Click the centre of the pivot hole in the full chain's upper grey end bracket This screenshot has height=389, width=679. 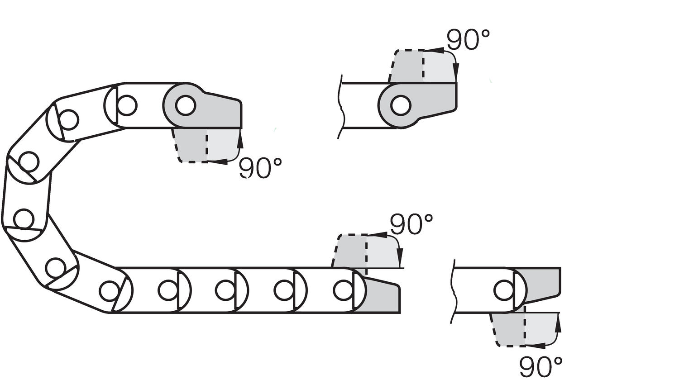[186, 105]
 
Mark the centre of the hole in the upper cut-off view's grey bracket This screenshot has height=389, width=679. [401, 105]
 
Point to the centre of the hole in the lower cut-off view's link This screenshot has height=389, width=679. [503, 290]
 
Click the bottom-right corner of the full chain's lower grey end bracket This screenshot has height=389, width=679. [400, 313]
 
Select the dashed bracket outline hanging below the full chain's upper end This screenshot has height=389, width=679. [206, 145]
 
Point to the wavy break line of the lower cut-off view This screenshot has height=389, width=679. [454, 291]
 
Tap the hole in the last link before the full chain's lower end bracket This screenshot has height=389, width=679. [343, 290]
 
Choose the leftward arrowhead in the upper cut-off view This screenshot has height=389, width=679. [434, 50]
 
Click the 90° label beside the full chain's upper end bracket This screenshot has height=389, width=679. [260, 167]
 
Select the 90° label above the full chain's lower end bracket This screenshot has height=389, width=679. [411, 224]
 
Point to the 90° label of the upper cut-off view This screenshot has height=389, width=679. [468, 40]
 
